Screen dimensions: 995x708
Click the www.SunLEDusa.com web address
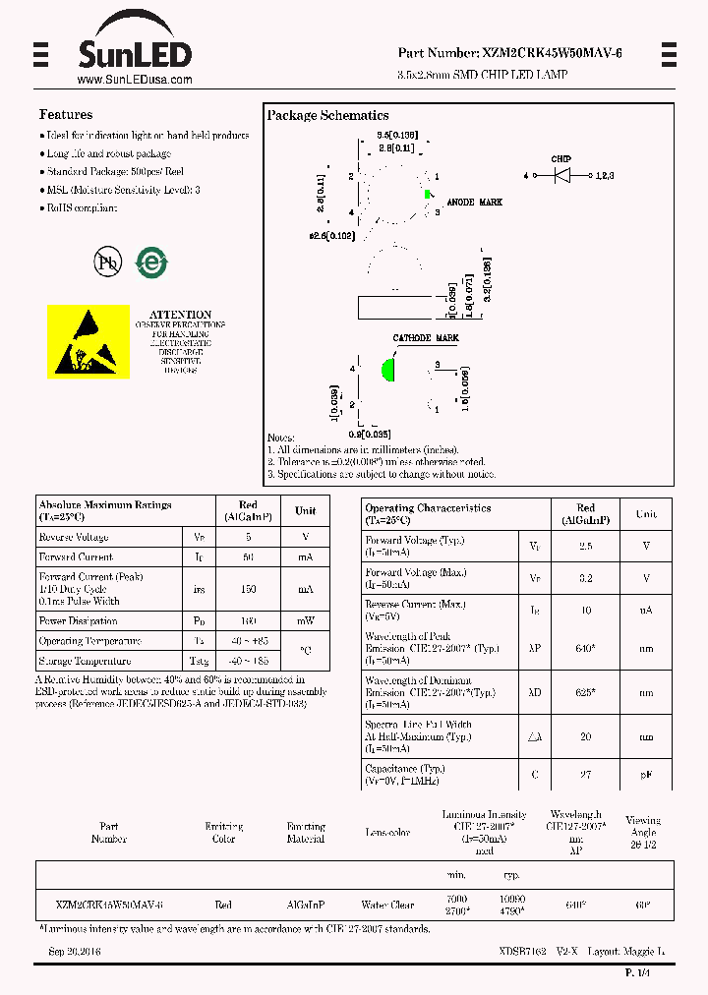coord(134,80)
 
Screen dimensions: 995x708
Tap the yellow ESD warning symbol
coord(88,341)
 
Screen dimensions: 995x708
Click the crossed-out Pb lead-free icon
coord(107,262)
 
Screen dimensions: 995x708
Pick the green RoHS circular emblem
coord(150,262)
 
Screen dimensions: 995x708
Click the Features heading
coord(66,115)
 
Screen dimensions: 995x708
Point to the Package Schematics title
coord(327,116)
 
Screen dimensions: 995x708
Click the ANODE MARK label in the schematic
coord(474,202)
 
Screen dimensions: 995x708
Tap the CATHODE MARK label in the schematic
coord(426,338)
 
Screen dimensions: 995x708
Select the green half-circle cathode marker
coord(388,371)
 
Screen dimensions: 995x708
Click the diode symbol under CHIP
coord(562,175)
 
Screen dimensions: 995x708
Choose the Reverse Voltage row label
coord(74,538)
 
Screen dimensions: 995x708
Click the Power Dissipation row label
coord(80,621)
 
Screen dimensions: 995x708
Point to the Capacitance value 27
coord(585,775)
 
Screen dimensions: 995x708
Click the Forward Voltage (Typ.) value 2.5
coord(585,545)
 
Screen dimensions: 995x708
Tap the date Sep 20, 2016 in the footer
coord(75,952)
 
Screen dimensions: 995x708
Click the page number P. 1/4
coord(637,972)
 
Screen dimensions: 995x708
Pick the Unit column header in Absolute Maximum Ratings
coord(306,510)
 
